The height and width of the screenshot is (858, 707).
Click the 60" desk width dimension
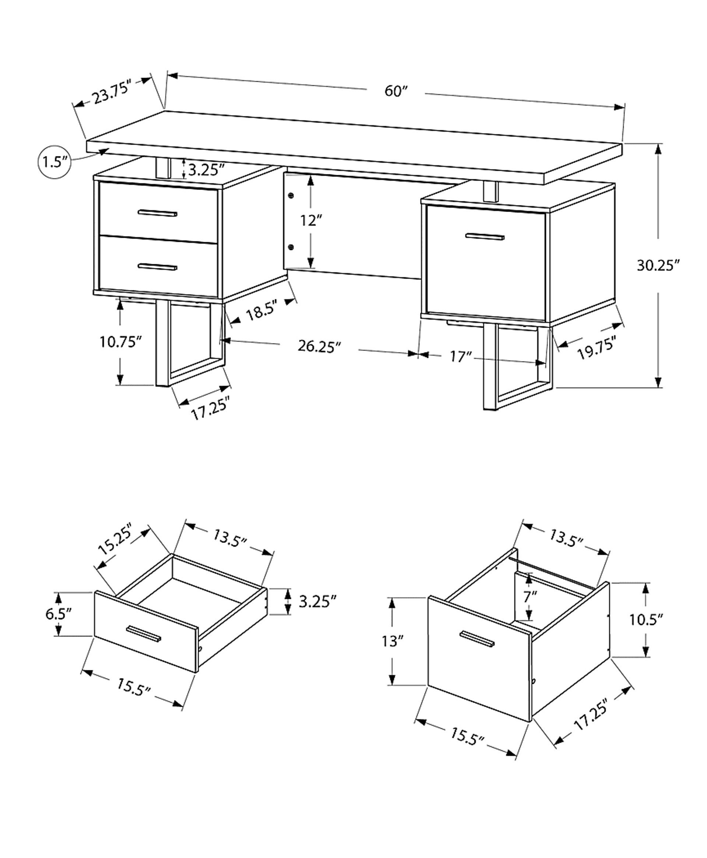tap(396, 91)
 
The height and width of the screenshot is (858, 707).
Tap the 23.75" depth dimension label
tap(111, 92)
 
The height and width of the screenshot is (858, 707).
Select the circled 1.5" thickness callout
tap(54, 162)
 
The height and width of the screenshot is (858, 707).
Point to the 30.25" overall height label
tap(658, 265)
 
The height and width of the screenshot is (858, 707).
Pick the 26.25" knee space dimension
tap(319, 346)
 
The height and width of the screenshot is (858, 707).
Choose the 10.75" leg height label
tap(120, 342)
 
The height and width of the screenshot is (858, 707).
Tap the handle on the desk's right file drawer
tap(485, 236)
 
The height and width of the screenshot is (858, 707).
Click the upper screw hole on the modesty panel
tap(291, 196)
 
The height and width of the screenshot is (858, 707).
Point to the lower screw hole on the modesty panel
tap(291, 247)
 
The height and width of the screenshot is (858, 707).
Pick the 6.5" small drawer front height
tap(58, 614)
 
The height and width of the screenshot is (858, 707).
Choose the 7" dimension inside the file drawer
tap(530, 597)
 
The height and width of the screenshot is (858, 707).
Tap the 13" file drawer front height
tap(392, 642)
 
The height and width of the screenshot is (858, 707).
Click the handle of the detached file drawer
tap(477, 639)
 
